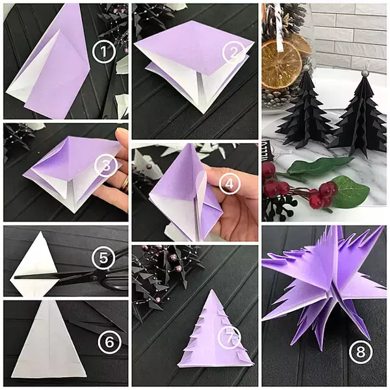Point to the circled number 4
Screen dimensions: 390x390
(227, 184)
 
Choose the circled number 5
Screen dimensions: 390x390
(103, 259)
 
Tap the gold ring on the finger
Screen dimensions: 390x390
(123, 184)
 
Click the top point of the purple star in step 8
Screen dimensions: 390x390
(337, 229)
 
